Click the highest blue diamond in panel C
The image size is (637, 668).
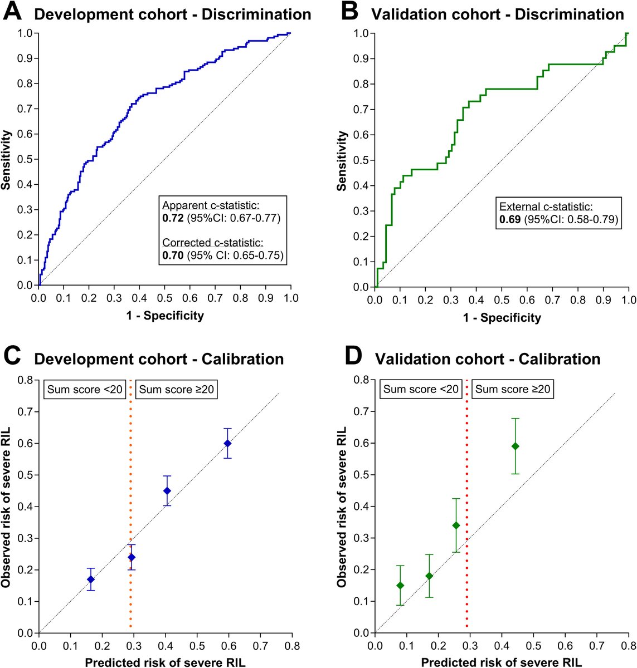pos(227,443)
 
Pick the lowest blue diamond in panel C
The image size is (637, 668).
pos(91,579)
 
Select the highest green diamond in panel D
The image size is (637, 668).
pos(516,446)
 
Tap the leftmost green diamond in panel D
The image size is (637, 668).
pos(400,585)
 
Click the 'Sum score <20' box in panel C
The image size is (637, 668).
pos(84,389)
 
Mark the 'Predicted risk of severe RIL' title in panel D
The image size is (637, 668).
pos(502,662)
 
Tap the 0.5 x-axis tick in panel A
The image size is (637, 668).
pos(164,298)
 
